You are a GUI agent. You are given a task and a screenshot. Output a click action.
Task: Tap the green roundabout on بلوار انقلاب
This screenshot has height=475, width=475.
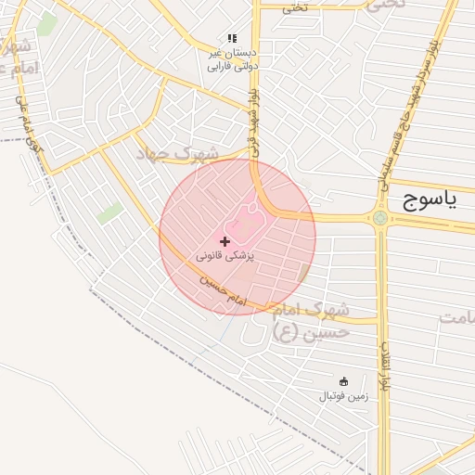coord(380,219)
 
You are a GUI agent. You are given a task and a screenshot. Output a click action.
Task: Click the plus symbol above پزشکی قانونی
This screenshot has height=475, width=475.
coord(225,241)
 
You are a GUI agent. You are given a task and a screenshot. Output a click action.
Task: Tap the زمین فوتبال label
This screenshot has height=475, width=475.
coord(344,396)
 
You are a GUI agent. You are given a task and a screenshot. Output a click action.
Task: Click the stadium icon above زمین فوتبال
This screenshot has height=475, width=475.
coord(344,381)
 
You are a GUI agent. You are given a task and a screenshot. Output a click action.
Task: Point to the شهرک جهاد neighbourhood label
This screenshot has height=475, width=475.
coord(178,154)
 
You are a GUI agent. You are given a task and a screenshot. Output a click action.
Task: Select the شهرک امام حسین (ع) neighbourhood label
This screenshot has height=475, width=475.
coord(313,318)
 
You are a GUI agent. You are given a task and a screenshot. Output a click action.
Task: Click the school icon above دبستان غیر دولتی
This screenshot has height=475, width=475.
coord(231,39)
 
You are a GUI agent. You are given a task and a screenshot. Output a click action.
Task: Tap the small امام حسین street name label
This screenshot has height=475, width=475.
coord(222,289)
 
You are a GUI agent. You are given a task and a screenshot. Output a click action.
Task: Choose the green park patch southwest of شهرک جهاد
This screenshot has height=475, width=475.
coord(109,213)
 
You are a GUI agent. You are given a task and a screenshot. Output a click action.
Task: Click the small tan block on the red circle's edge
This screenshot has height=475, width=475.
coord(303,273)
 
